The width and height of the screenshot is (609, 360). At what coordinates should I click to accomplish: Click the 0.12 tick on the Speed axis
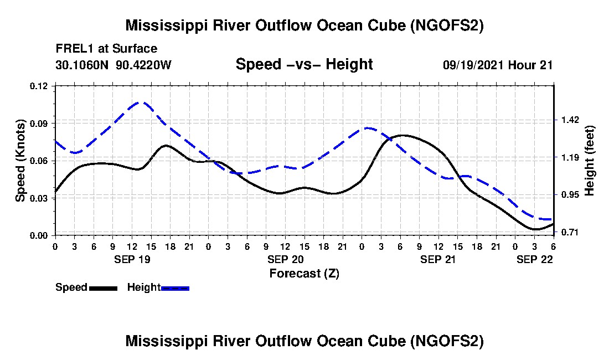click(x=38, y=86)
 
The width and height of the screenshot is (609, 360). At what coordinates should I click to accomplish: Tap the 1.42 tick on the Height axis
click(x=570, y=120)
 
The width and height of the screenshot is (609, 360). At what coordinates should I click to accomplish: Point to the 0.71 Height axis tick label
click(x=570, y=232)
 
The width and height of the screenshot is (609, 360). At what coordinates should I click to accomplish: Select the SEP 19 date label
click(x=132, y=259)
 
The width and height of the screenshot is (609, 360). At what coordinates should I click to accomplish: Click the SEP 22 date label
click(x=534, y=259)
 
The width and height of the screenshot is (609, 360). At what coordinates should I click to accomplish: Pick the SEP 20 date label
click(x=286, y=259)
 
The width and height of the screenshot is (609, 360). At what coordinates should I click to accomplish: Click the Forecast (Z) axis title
click(x=304, y=274)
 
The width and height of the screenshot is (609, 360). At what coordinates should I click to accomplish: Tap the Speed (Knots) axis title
click(x=20, y=161)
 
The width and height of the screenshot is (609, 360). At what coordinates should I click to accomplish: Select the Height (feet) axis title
click(x=589, y=161)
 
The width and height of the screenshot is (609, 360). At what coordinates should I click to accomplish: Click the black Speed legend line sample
click(x=103, y=288)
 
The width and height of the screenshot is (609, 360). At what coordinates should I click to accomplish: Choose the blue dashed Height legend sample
click(x=175, y=288)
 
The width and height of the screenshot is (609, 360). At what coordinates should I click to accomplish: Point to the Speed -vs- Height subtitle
click(x=304, y=64)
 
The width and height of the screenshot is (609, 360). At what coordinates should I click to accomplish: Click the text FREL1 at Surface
click(x=106, y=49)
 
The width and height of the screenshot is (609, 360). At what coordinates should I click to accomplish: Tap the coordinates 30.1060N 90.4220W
click(x=113, y=65)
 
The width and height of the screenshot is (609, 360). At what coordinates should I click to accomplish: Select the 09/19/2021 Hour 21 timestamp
click(x=498, y=65)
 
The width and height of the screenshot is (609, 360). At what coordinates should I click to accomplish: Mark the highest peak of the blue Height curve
click(x=140, y=102)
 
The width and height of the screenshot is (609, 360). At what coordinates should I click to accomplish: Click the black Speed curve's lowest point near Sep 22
click(x=535, y=229)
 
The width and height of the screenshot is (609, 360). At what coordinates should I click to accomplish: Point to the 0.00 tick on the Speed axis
click(x=38, y=236)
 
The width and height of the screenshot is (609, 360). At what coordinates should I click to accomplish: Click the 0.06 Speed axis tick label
click(x=38, y=161)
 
